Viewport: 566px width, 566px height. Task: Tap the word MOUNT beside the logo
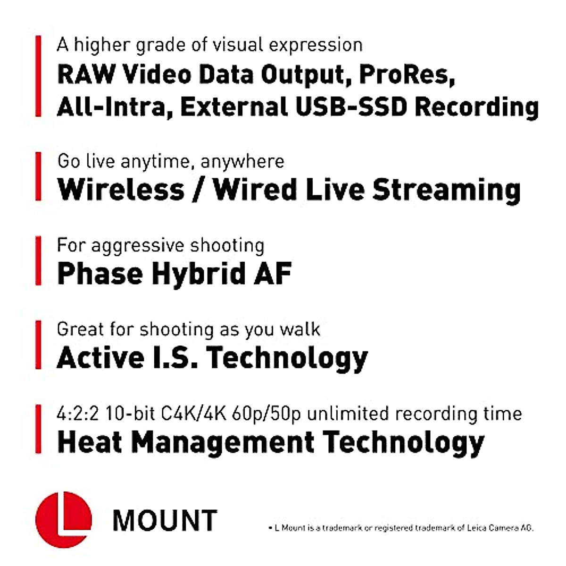(x=165, y=521)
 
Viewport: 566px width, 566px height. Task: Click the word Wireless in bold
(x=121, y=190)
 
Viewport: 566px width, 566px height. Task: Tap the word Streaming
(x=447, y=191)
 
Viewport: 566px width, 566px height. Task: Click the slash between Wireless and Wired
(x=198, y=190)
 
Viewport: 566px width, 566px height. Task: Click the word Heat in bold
(x=89, y=442)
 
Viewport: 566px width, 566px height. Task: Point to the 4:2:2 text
(x=77, y=414)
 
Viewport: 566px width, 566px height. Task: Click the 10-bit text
(x=130, y=414)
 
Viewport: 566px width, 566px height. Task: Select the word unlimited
(x=347, y=414)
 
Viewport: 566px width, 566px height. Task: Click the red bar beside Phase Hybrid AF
(x=38, y=261)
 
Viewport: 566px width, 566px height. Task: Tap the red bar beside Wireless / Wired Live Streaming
(x=38, y=176)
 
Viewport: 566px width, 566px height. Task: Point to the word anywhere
(x=242, y=162)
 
